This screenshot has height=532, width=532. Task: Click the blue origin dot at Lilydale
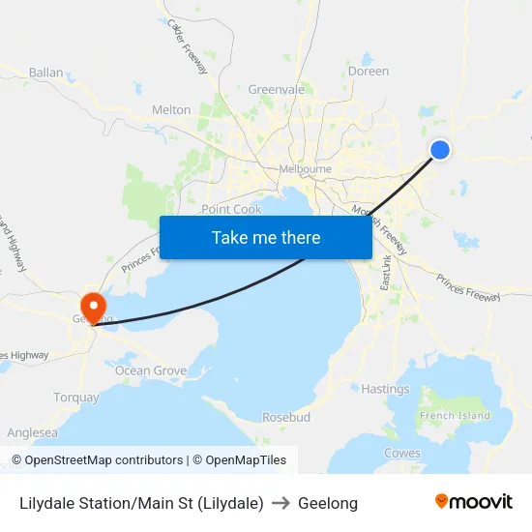439,149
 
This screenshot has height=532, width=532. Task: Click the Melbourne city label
305,169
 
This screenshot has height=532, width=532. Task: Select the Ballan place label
45,73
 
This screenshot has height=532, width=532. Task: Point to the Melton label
171,110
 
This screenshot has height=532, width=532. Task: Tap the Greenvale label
276,90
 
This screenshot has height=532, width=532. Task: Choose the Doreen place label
368,72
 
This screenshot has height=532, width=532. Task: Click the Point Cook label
231,209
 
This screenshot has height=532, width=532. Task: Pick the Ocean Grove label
150,370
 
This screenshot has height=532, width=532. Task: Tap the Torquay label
76,398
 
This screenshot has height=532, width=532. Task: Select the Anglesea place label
32,433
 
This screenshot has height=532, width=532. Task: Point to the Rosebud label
286,417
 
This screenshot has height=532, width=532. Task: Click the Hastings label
385,389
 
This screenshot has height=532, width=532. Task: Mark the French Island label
455,416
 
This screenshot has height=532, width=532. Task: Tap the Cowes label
402,453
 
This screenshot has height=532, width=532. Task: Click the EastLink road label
386,270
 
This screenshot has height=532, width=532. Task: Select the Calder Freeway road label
188,45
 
